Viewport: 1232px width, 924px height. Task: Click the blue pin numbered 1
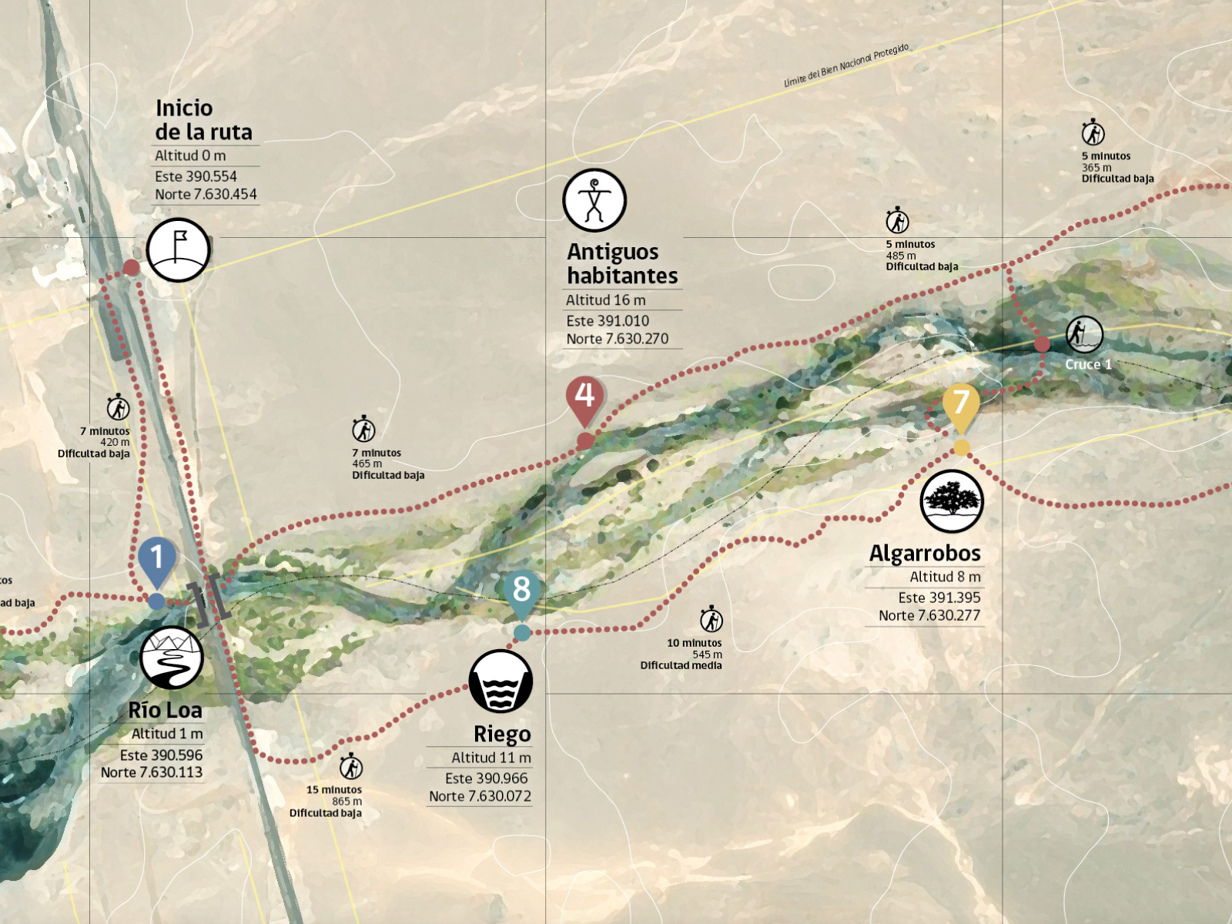tap(157, 558)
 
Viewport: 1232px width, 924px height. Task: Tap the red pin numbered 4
tap(584, 397)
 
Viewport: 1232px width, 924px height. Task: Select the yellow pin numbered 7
tap(960, 403)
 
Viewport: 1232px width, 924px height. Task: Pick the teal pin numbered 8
tap(521, 591)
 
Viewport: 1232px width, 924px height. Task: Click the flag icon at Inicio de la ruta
tap(179, 249)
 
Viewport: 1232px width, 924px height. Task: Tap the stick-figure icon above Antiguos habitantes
tap(594, 200)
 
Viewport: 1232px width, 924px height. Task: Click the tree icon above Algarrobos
tap(952, 500)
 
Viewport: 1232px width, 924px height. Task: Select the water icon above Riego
tap(500, 681)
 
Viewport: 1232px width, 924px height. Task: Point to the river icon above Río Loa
tap(172, 658)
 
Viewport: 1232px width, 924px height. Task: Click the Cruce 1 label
tap(1088, 364)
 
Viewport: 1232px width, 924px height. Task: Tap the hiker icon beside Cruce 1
tap(1084, 334)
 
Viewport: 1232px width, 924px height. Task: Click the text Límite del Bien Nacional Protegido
tap(846, 65)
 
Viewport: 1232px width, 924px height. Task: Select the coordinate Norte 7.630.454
tap(206, 194)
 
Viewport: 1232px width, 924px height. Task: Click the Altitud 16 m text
tap(606, 300)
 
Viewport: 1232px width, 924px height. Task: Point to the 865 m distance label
tap(346, 801)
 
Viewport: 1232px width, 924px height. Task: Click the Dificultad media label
tap(681, 665)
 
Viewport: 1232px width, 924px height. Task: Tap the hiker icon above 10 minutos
tap(711, 619)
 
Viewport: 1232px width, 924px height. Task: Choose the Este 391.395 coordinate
tap(939, 598)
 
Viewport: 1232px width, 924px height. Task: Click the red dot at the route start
tap(132, 267)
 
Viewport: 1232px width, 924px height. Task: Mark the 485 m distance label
tap(901, 256)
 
